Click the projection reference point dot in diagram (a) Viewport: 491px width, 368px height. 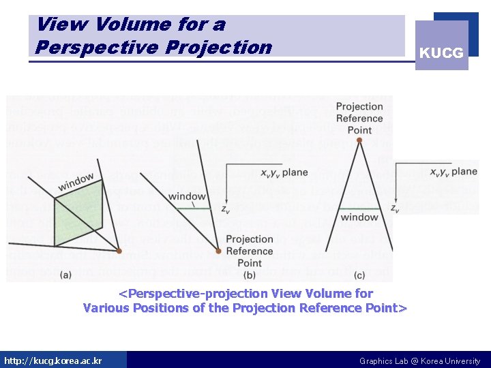click(x=119, y=251)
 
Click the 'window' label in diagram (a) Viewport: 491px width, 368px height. click(x=76, y=182)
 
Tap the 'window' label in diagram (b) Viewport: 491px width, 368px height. click(x=186, y=196)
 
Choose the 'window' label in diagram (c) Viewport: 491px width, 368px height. click(x=359, y=217)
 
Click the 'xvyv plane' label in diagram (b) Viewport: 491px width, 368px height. click(x=284, y=173)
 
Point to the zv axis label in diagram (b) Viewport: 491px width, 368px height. click(x=225, y=211)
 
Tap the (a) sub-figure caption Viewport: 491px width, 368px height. click(x=67, y=274)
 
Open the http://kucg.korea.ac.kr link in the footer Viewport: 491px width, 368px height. click(x=53, y=361)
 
